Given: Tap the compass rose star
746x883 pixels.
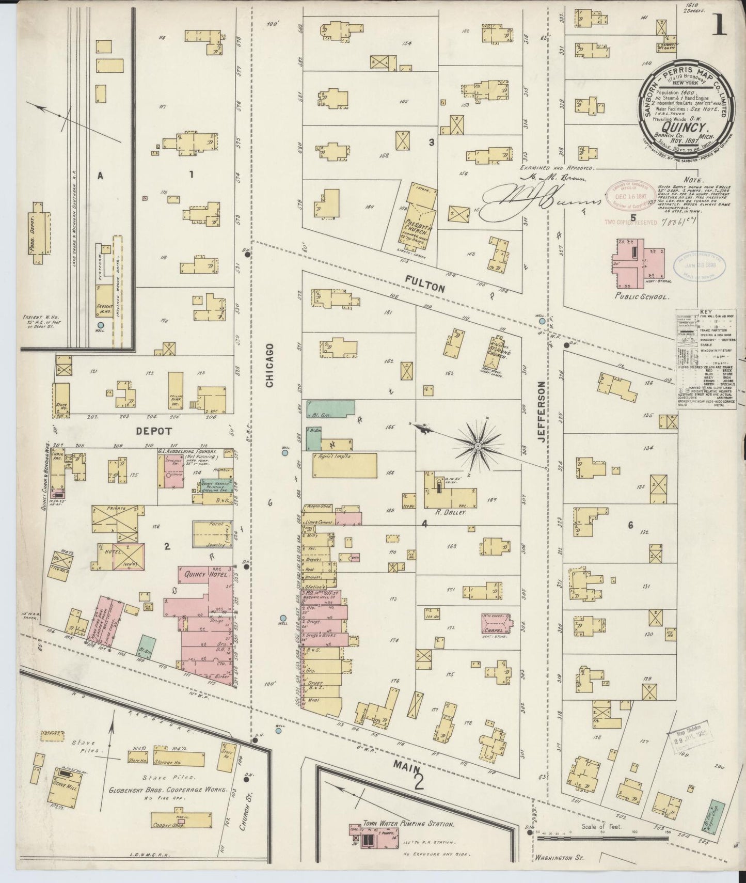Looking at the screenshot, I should click(479, 445).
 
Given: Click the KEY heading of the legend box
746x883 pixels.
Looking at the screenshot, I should click(706, 312).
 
